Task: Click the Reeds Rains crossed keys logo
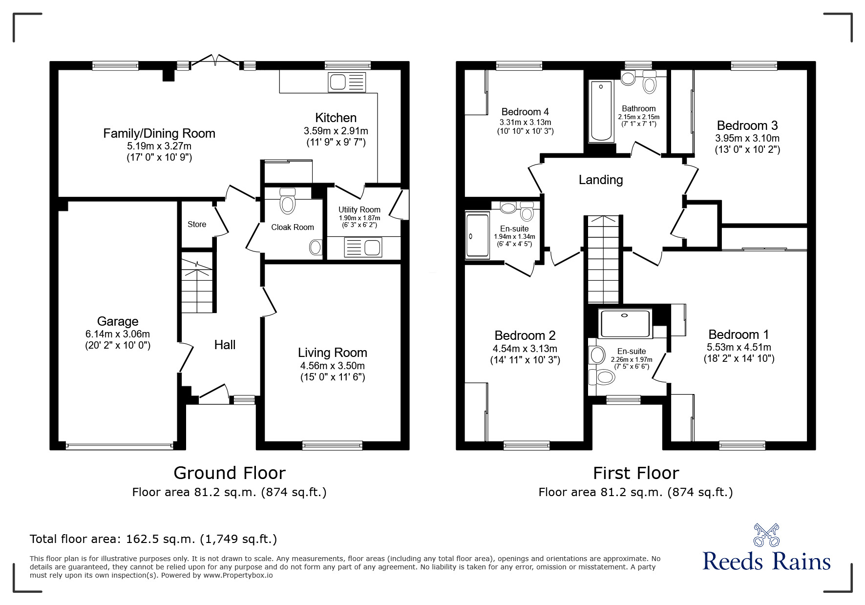click(x=766, y=535)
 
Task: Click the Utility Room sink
click(x=363, y=247)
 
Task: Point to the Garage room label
click(x=117, y=321)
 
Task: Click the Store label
click(x=197, y=224)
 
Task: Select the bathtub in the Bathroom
click(x=600, y=111)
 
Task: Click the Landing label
click(x=600, y=180)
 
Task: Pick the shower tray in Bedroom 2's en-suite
click(x=477, y=235)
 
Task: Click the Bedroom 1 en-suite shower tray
click(x=625, y=323)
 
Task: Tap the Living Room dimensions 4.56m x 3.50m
click(x=332, y=366)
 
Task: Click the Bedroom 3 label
click(x=747, y=125)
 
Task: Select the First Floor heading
click(x=635, y=473)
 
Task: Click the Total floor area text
click(x=153, y=539)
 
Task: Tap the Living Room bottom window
click(x=332, y=445)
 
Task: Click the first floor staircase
click(x=604, y=259)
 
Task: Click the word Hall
click(x=225, y=345)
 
